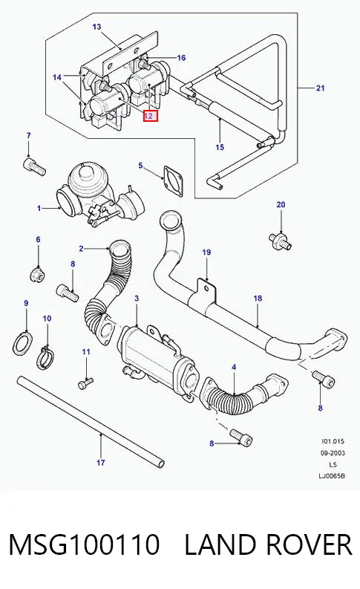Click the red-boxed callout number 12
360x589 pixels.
[x=151, y=116]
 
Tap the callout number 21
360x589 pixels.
[x=320, y=88]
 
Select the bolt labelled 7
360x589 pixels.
[x=35, y=166]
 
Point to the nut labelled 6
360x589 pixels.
[x=38, y=274]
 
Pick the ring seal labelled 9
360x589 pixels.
[x=22, y=342]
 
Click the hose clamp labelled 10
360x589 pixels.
[x=46, y=357]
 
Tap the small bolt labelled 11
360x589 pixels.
[x=85, y=383]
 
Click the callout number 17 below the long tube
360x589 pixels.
[x=101, y=463]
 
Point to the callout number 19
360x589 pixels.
[x=206, y=252]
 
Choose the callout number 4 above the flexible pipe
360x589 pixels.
[x=234, y=367]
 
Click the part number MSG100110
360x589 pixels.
[x=84, y=544]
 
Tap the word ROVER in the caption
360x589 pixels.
[x=308, y=544]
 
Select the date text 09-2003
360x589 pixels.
[x=333, y=453]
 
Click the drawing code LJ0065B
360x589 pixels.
[x=332, y=476]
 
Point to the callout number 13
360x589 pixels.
[x=96, y=27]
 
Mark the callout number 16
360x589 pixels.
[x=181, y=58]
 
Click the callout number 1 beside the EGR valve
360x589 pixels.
[x=39, y=208]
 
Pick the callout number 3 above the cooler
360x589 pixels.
[x=137, y=299]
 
